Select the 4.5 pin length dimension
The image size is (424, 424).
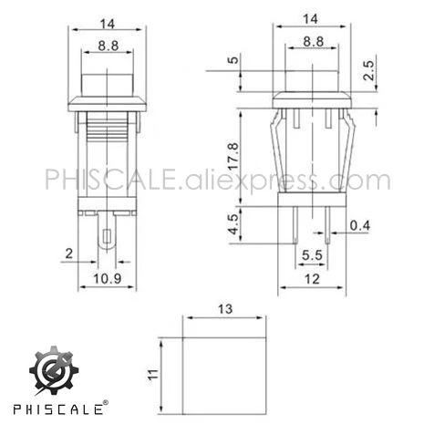point(233,224)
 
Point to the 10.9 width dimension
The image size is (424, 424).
point(107,277)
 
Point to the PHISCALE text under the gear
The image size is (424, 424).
point(57,404)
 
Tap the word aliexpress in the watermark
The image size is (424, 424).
point(246,180)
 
